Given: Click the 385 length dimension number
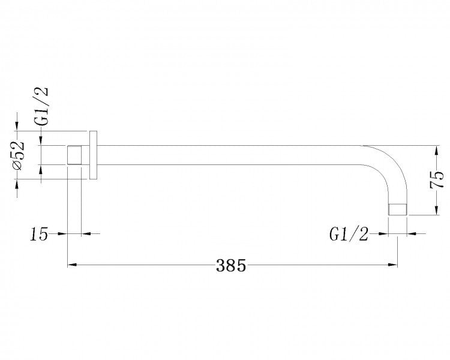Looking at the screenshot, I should tap(231, 265).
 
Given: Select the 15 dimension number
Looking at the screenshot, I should tap(39, 234).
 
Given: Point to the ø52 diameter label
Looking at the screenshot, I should tap(17, 157).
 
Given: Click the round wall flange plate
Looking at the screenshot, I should tap(93, 154).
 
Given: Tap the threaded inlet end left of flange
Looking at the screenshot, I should tap(74, 155).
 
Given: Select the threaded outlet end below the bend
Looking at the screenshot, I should tap(398, 209).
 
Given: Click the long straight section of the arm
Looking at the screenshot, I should tap(228, 155).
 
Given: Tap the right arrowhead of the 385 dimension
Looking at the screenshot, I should tap(393, 263).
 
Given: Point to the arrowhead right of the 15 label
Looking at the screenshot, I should tap(62, 233).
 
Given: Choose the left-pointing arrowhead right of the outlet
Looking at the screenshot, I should tap(412, 233).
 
